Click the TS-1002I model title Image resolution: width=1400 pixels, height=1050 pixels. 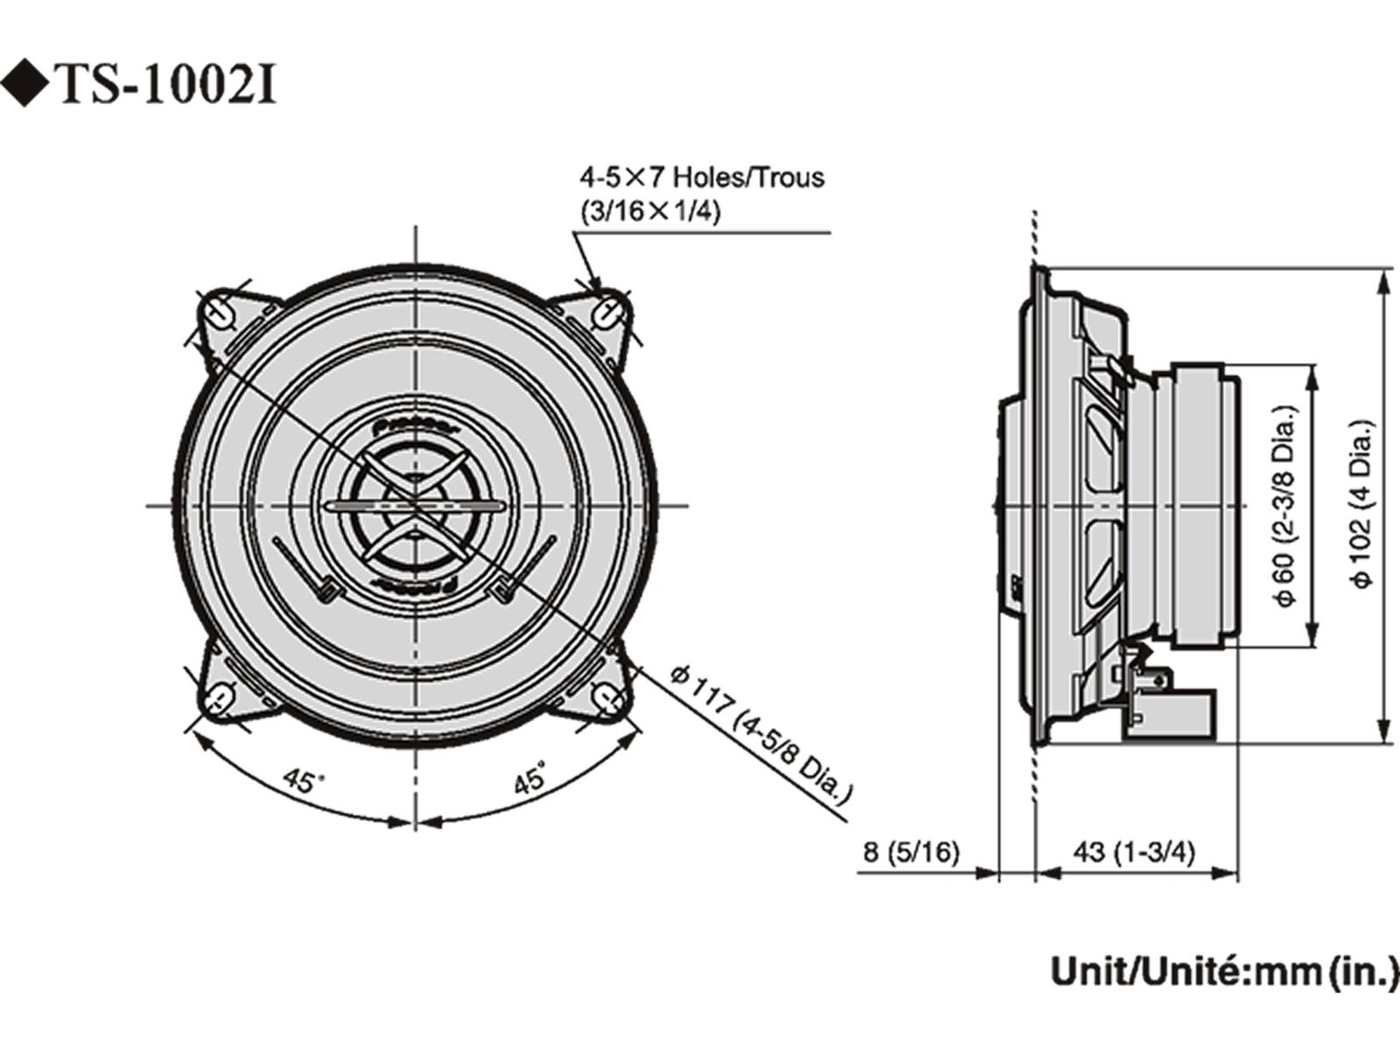[166, 86]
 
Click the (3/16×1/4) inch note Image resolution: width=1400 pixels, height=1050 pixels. [650, 212]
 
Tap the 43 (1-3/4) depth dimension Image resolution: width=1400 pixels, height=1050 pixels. [1132, 851]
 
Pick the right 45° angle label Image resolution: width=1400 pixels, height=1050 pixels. [530, 777]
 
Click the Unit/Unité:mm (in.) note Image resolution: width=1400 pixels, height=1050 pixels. [1223, 972]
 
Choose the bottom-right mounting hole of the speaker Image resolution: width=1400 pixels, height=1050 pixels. [608, 697]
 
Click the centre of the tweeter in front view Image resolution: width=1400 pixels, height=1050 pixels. [416, 506]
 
